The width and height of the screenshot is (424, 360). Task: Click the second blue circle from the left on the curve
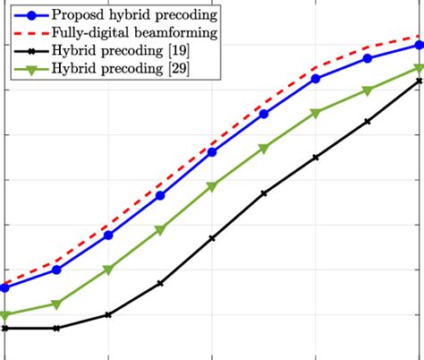[x=56, y=270]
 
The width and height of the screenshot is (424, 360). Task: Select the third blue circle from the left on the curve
[x=108, y=235]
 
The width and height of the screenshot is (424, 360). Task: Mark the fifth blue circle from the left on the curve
[x=212, y=152]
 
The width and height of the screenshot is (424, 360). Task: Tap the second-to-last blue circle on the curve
[x=368, y=58]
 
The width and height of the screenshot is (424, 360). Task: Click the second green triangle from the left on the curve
[x=56, y=304]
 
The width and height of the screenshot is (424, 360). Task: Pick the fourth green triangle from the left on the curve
[x=160, y=230]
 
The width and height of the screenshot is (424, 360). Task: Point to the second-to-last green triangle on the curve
[x=368, y=90]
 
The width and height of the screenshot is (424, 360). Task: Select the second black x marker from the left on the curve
[x=56, y=329]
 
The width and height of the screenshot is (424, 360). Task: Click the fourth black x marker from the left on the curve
[x=160, y=283]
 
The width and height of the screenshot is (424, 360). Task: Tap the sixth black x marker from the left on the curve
[x=264, y=193]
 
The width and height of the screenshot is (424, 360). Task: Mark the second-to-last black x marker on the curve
[x=368, y=121]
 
